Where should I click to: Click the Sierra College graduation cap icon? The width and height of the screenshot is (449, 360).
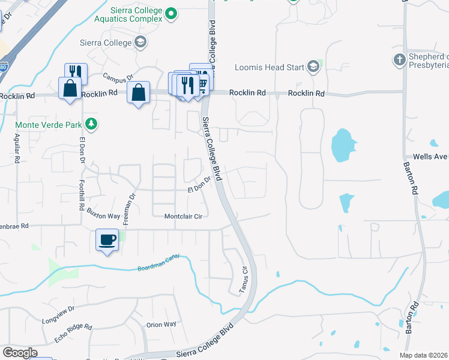click(x=140, y=42)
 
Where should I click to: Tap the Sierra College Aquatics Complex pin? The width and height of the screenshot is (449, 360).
click(x=171, y=13)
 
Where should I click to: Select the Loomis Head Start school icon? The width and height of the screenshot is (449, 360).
click(x=313, y=67)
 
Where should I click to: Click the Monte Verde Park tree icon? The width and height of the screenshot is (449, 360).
click(x=91, y=124)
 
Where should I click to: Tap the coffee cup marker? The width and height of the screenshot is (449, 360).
click(x=107, y=240)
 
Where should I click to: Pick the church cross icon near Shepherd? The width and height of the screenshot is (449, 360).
click(x=399, y=59)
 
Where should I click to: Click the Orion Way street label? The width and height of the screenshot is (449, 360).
click(x=161, y=325)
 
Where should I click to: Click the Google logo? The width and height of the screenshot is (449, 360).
click(x=19, y=352)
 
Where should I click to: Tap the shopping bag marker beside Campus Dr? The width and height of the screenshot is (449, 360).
click(x=138, y=93)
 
